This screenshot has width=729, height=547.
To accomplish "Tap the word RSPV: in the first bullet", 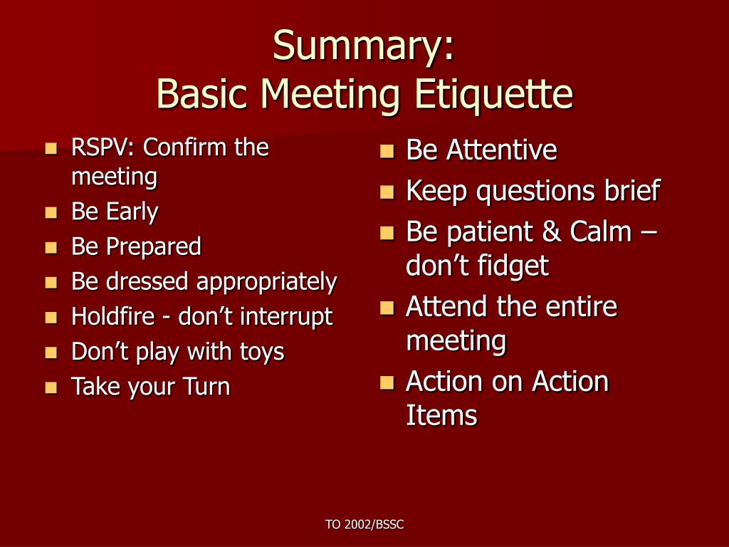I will click(103, 148).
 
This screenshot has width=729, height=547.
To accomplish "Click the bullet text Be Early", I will click(115, 212).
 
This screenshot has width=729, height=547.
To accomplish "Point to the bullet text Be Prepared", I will click(136, 247).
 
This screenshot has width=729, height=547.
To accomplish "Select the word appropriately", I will click(266, 282).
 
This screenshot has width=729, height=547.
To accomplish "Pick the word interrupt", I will click(286, 316).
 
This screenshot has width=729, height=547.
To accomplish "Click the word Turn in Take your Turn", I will click(206, 387).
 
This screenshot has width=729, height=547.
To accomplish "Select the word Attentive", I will click(501, 150).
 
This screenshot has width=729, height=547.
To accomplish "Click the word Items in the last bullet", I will click(441, 415).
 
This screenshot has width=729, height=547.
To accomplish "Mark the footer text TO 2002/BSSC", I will click(364, 525).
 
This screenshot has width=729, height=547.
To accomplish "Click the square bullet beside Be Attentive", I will click(387, 151).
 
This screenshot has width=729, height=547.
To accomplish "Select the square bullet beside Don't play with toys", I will click(51, 353).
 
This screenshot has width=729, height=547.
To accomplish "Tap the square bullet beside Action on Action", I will click(387, 382).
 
